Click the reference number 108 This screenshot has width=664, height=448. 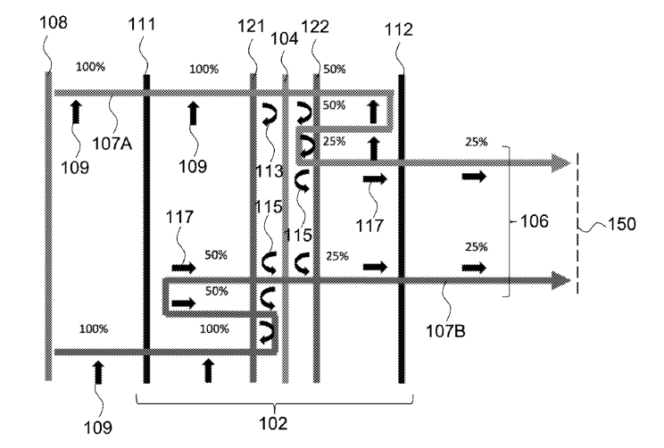(54, 20)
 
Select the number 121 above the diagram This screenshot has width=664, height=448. (252, 28)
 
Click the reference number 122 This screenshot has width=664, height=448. (316, 28)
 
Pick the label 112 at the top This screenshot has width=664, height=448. (400, 30)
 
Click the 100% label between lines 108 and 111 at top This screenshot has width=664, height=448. (90, 66)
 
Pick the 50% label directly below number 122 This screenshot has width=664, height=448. (335, 69)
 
